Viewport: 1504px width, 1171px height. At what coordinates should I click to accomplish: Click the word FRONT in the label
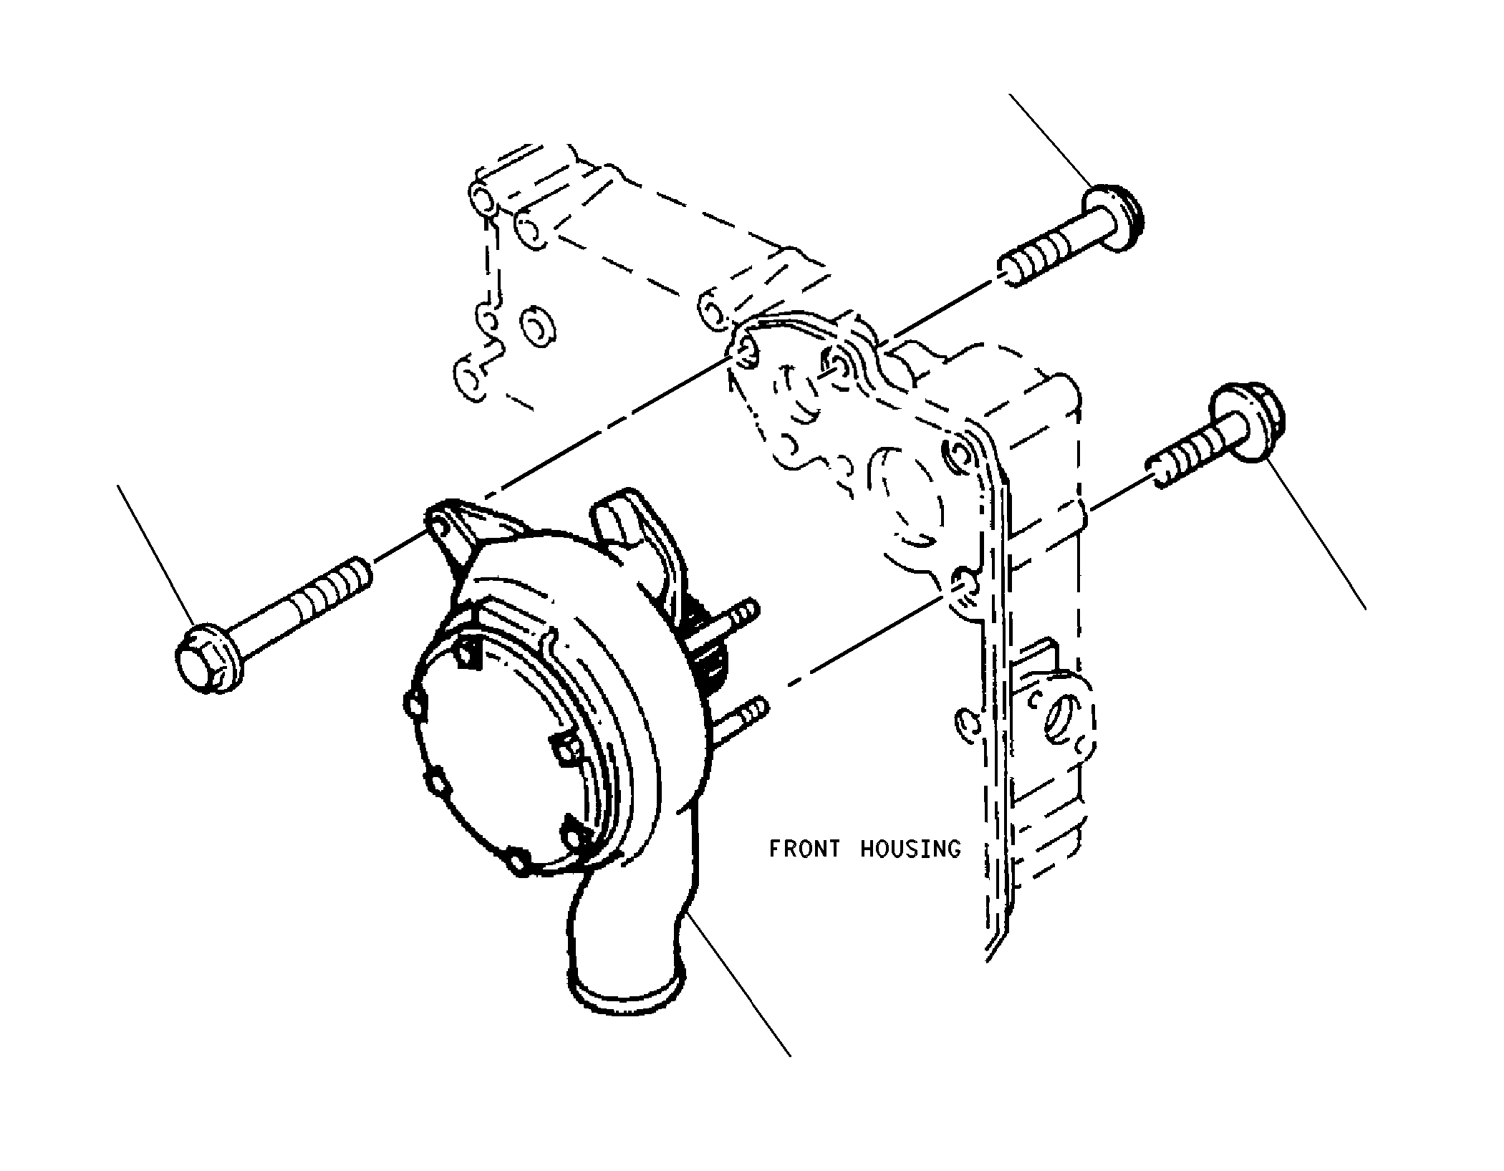click(804, 849)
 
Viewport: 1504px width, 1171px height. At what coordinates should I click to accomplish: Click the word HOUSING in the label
click(910, 849)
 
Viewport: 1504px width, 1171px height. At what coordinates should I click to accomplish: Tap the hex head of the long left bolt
click(204, 660)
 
